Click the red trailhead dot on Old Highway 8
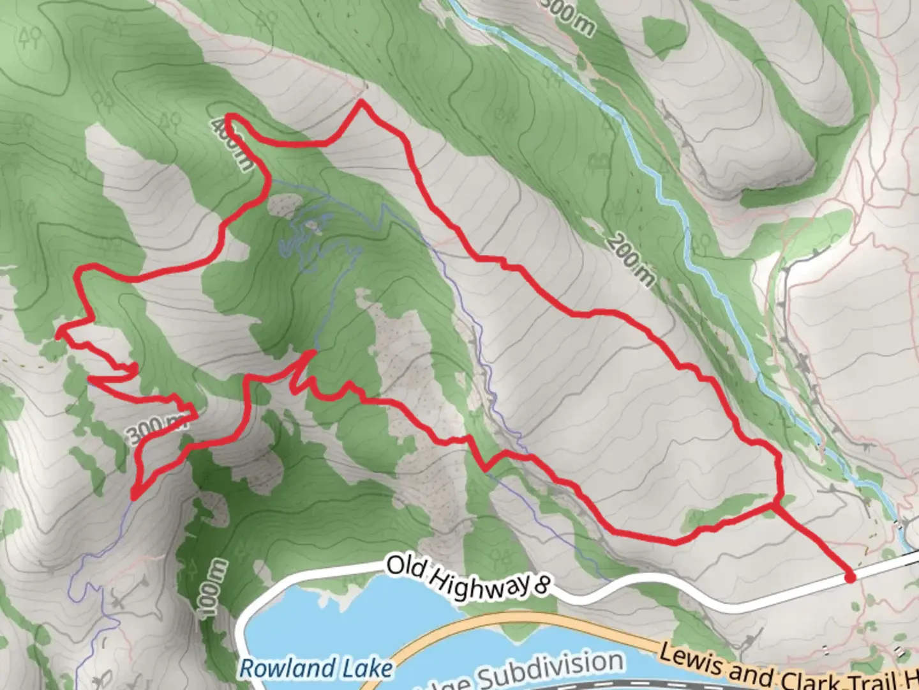coord(849,578)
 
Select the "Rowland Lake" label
coord(316,669)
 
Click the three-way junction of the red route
coord(775,504)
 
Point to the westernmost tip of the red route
coord(58,333)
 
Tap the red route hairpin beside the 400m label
coord(230,118)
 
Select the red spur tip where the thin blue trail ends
coord(312,353)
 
